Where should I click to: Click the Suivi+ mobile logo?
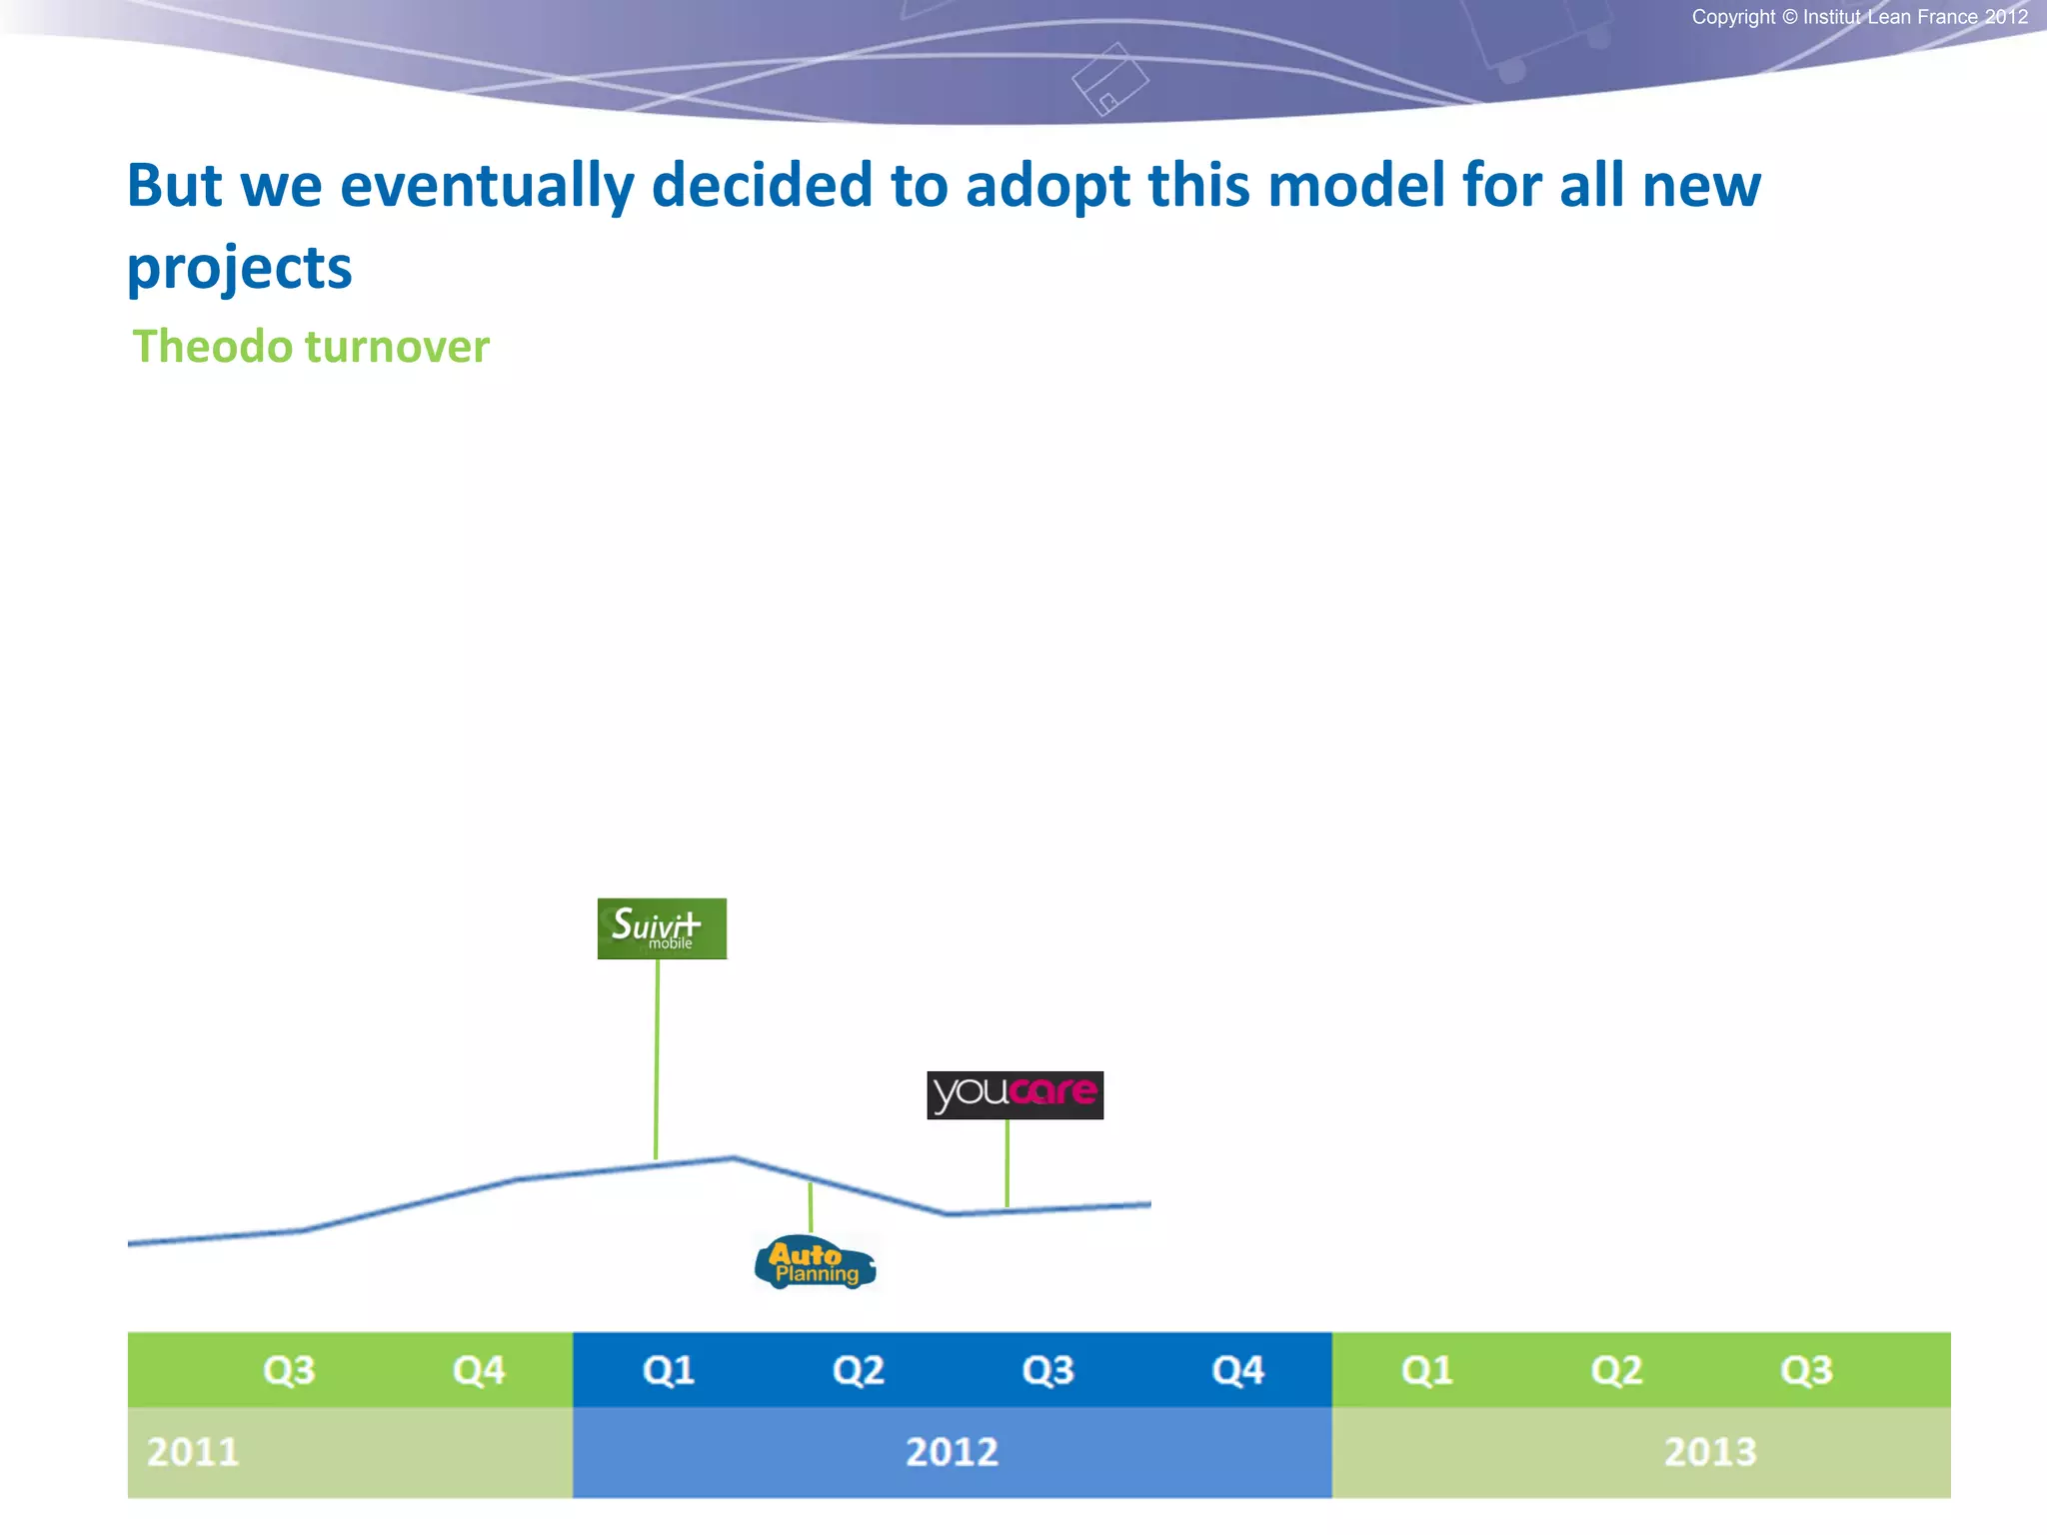pos(662,928)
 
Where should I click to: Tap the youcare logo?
pos(1015,1094)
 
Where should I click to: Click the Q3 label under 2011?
pos(289,1370)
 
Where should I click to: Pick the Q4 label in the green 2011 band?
pos(479,1370)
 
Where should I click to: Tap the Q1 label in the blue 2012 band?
pos(669,1370)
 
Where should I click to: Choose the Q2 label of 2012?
pos(859,1370)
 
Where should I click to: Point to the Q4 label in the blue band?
pos(1237,1370)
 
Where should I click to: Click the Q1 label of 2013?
pos(1427,1370)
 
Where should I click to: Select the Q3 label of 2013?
pos(1806,1370)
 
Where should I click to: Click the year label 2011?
pos(193,1452)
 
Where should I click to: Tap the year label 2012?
pos(952,1452)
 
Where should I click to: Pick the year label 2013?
pos(1709,1452)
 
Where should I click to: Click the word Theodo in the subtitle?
pos(212,347)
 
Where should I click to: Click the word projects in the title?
pos(240,268)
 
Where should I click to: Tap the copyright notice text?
pos(1859,17)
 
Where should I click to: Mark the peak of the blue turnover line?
pos(733,1157)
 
